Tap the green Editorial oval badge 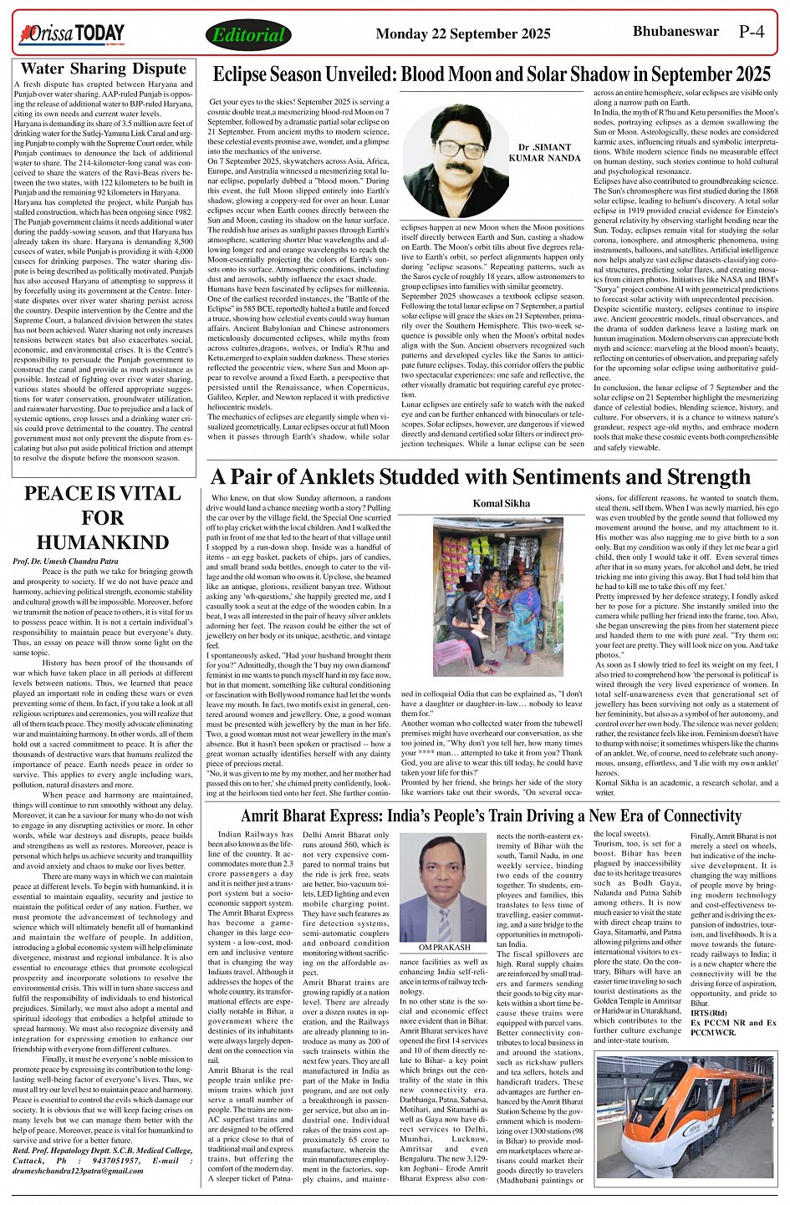(x=248, y=34)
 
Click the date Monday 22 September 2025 (x=463, y=34)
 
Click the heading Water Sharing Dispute (x=104, y=69)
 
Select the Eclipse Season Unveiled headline (x=492, y=74)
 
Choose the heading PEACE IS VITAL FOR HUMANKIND (x=103, y=517)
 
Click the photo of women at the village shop (x=487, y=597)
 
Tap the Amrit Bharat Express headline (x=491, y=816)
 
